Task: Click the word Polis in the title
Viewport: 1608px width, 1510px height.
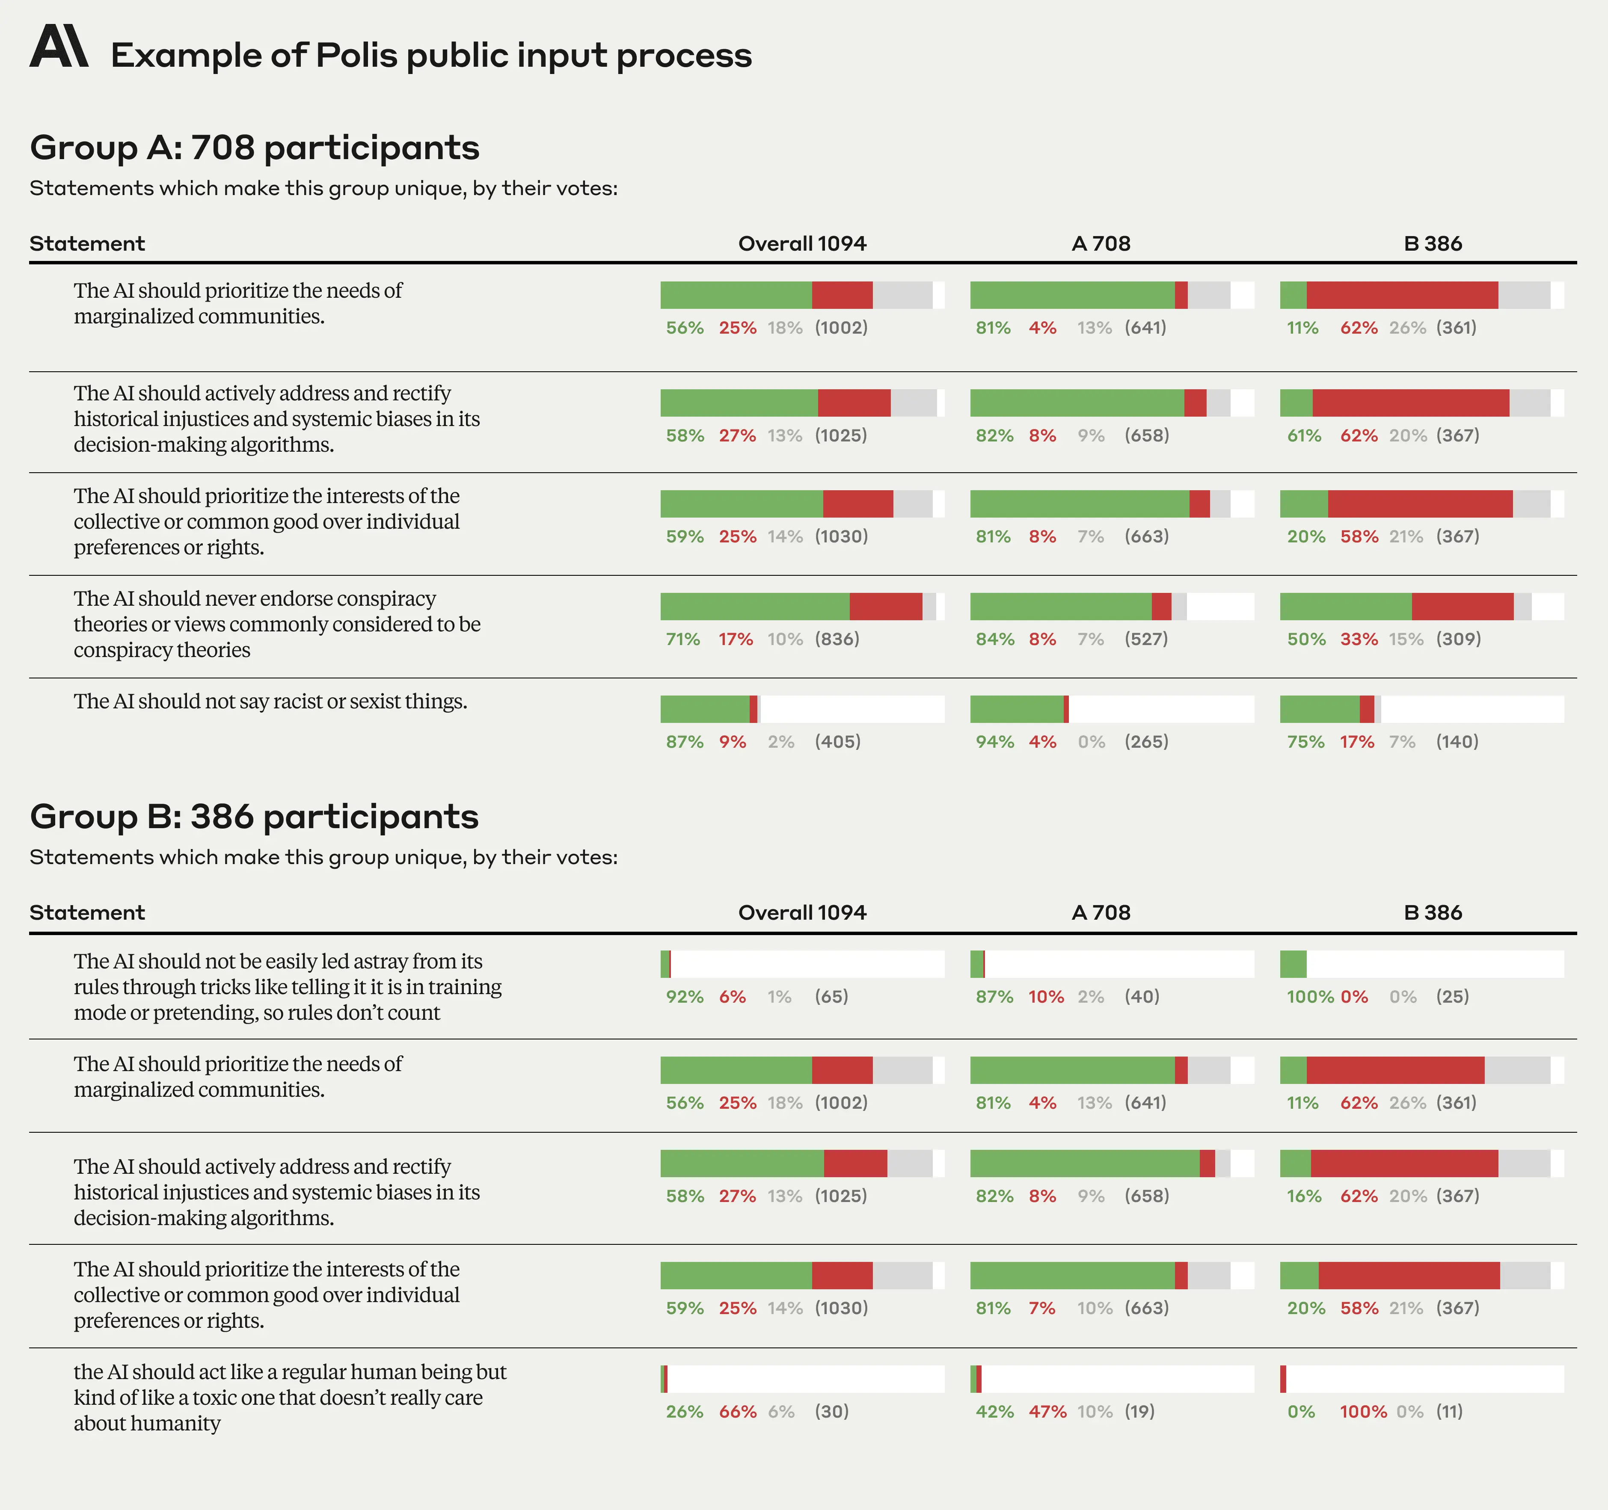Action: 357,56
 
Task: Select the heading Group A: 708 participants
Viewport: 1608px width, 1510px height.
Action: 254,148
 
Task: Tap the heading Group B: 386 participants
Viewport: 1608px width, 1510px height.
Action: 254,817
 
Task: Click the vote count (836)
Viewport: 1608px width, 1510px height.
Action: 837,639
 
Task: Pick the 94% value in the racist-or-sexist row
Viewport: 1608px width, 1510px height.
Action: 994,742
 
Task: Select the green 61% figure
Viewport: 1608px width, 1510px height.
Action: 1304,435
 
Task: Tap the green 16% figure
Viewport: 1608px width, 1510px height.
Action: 1304,1196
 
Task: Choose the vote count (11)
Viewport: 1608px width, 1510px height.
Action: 1449,1411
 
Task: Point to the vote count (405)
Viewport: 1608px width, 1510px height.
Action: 837,742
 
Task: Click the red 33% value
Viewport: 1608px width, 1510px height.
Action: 1359,639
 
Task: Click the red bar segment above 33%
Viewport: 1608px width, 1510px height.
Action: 1463,607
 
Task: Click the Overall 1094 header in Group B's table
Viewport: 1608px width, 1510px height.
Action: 801,912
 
